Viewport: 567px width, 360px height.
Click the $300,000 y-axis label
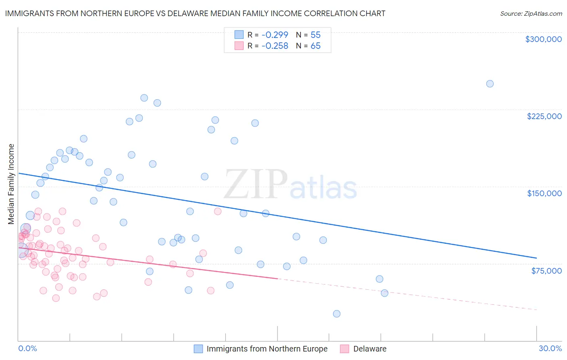[x=543, y=39]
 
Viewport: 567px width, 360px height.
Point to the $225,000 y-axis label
[x=544, y=116]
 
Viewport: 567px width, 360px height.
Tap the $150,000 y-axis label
[x=544, y=193]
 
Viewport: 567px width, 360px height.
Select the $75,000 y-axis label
[x=546, y=271]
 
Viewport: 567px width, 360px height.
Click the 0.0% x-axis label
[x=27, y=348]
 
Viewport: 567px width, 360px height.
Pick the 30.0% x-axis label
[x=550, y=348]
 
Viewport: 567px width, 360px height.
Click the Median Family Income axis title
[x=11, y=184]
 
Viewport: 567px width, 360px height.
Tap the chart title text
[x=195, y=13]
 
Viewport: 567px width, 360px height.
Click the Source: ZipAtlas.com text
[x=531, y=13]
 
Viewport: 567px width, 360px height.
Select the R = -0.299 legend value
[x=268, y=35]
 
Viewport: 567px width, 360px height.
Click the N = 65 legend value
[x=308, y=46]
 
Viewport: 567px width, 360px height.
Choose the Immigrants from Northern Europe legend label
[x=267, y=349]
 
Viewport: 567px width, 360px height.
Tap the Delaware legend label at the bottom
[x=370, y=349]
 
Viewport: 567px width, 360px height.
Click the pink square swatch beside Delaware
[x=344, y=349]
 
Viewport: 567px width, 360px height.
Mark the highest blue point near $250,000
[x=490, y=84]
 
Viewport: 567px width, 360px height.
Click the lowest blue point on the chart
[x=337, y=314]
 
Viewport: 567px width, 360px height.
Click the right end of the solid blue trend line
[x=536, y=258]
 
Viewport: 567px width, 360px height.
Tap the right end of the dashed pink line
[x=536, y=310]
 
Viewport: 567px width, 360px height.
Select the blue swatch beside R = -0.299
[x=239, y=35]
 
